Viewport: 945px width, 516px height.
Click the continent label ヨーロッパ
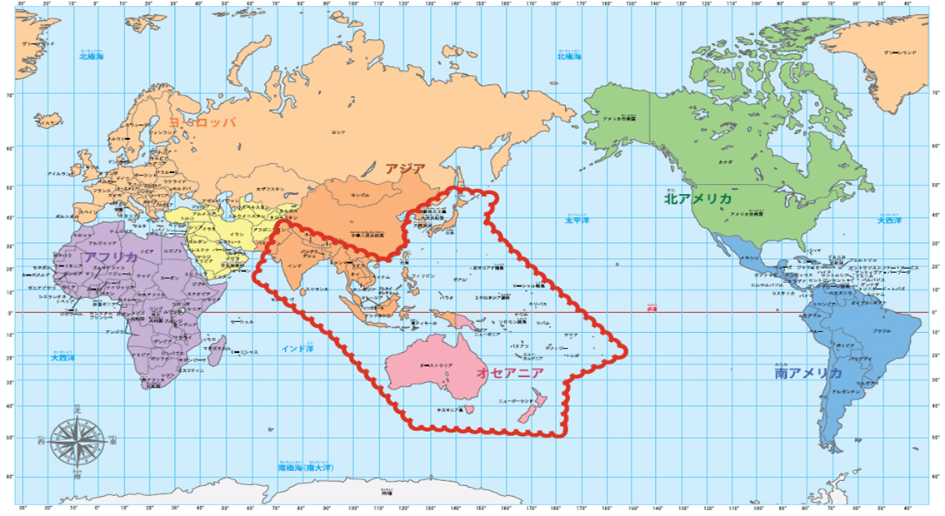tap(202, 122)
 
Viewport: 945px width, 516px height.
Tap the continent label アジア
tap(405, 168)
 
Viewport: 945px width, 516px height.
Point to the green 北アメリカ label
tap(697, 200)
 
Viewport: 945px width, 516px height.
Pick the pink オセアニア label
tap(510, 374)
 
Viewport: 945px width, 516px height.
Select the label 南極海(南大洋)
tap(305, 469)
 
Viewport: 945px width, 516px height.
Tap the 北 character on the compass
tap(77, 410)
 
